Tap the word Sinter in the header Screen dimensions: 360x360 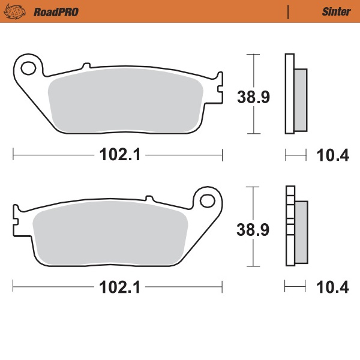336,11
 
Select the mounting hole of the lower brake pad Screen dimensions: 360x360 208,199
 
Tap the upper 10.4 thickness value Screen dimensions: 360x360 332,155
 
